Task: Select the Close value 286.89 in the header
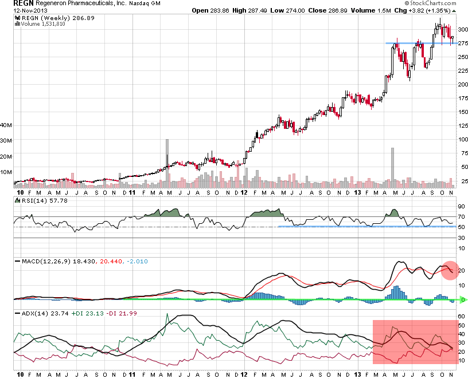tap(329, 10)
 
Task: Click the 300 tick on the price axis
tap(463, 29)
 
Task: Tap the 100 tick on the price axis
tap(463, 139)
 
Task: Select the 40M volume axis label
tap(7, 124)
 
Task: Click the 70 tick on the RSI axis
tap(462, 217)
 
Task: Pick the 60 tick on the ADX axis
tap(462, 316)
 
